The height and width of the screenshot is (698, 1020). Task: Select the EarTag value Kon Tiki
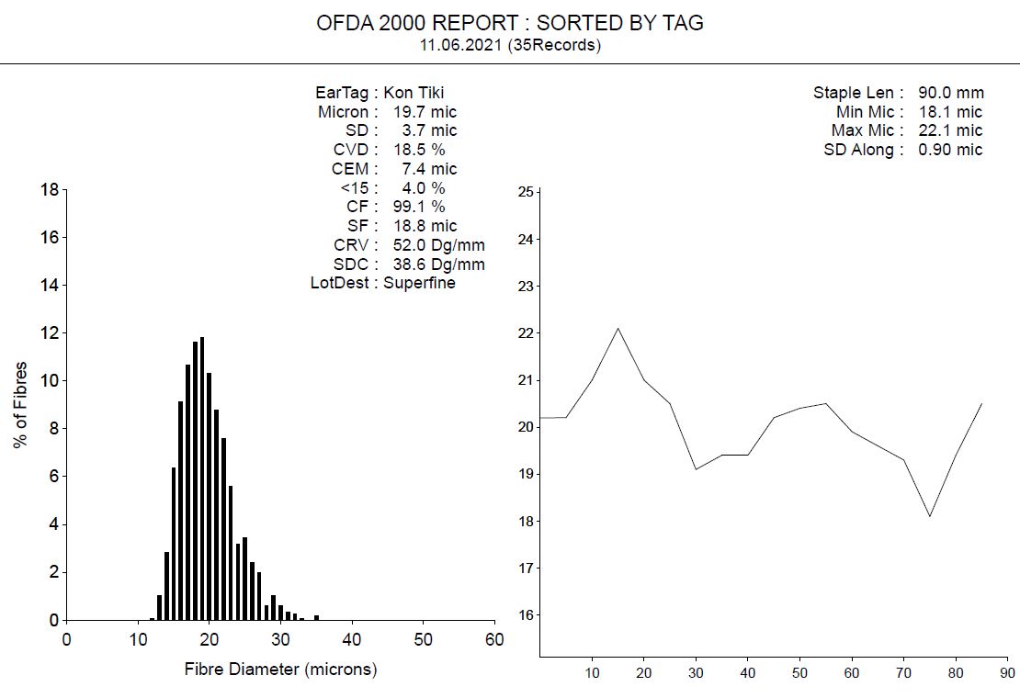click(x=414, y=93)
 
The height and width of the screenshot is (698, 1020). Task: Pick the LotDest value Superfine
click(x=419, y=283)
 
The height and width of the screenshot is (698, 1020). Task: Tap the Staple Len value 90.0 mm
click(x=950, y=93)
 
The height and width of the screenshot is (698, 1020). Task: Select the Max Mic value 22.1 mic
click(x=950, y=130)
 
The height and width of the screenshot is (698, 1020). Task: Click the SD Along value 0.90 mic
click(x=950, y=150)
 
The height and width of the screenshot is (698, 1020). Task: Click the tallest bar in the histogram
click(x=202, y=478)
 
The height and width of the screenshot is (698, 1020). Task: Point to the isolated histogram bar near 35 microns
click(x=316, y=618)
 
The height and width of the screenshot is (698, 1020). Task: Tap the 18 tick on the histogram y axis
click(x=50, y=190)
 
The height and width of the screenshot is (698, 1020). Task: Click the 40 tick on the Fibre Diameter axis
click(x=352, y=639)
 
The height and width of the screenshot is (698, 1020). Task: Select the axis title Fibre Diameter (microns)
click(x=280, y=670)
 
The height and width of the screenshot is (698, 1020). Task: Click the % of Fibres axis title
click(x=21, y=405)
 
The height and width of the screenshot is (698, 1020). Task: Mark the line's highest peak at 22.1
click(x=618, y=329)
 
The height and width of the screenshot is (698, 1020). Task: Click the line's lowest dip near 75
click(x=931, y=516)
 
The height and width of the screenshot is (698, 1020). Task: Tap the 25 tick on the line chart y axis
click(x=526, y=192)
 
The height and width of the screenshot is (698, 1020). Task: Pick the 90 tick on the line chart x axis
click(x=1008, y=672)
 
